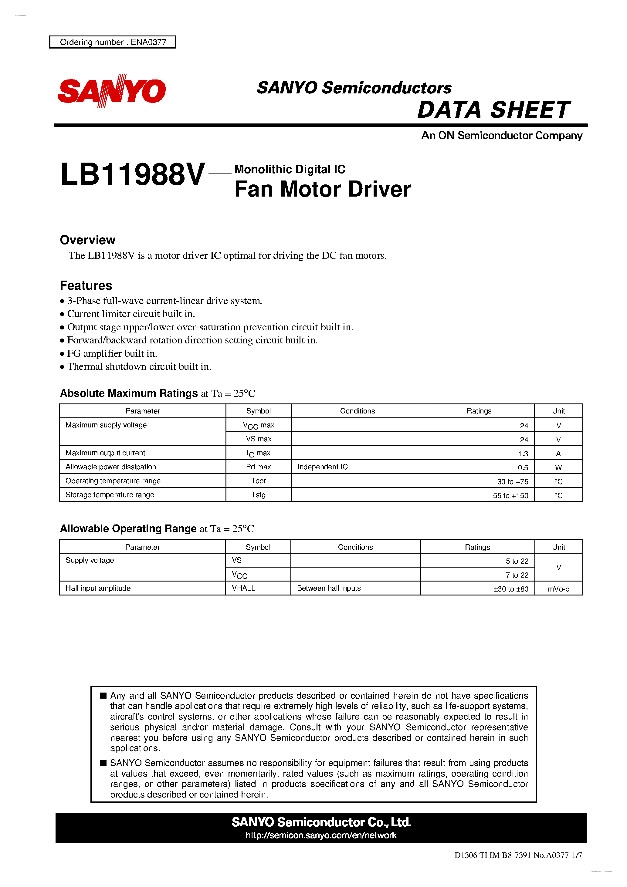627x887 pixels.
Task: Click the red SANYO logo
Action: [x=112, y=91]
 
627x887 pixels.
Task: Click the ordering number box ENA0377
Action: [x=113, y=42]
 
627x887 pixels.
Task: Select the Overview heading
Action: [x=87, y=240]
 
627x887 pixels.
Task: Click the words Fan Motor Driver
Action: [x=322, y=189]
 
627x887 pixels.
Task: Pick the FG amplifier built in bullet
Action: [x=112, y=353]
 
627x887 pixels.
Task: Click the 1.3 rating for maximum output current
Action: [x=523, y=454]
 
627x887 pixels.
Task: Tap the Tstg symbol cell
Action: [x=258, y=494]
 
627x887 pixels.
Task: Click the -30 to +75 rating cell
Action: [x=511, y=481]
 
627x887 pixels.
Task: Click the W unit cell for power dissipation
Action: [x=558, y=467]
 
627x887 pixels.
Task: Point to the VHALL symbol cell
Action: [x=243, y=588]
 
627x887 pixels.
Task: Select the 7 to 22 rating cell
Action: [x=517, y=575]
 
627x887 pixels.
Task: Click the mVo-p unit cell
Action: [x=558, y=589]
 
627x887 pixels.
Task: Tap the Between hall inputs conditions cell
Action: [x=329, y=588]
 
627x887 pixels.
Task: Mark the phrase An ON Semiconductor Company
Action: [x=501, y=136]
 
